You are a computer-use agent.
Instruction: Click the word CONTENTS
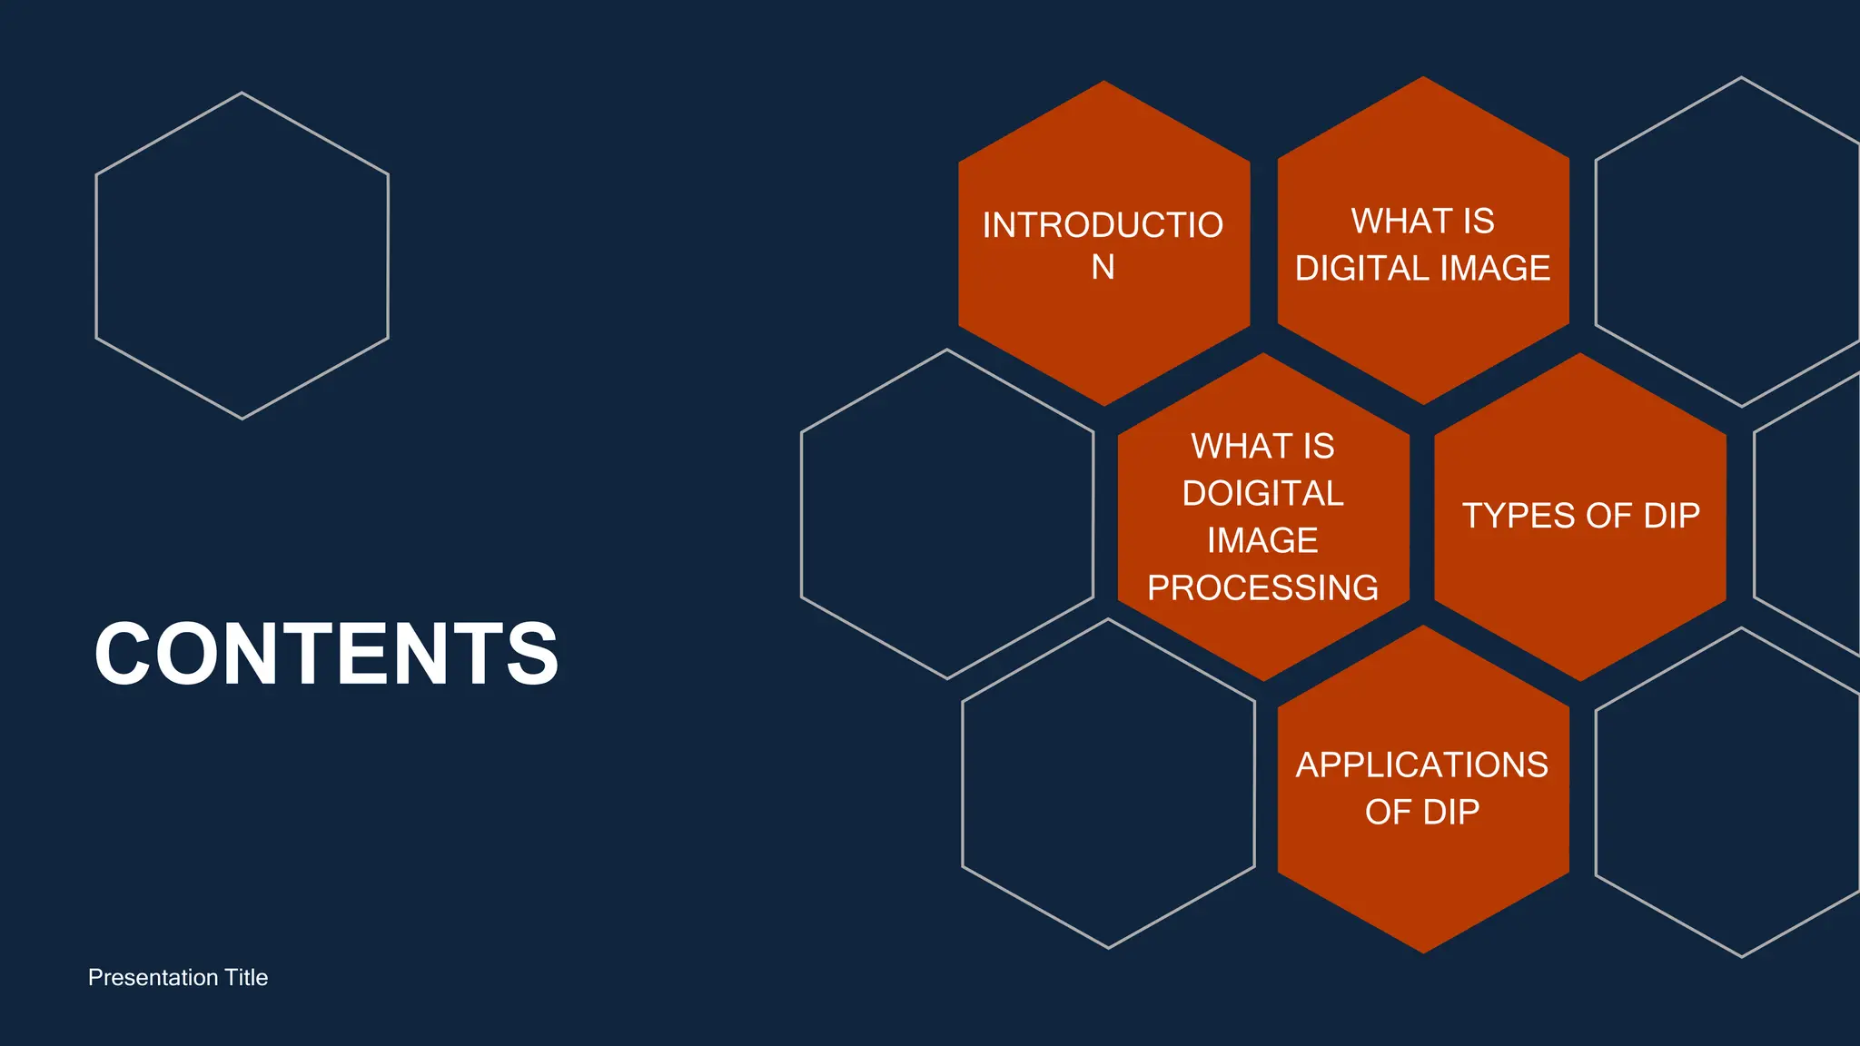[326, 654]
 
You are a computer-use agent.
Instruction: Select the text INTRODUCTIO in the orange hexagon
[1103, 225]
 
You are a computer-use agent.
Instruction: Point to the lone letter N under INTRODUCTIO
[1103, 268]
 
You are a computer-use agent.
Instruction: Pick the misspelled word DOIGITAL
[1262, 494]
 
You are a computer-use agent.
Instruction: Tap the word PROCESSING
[1262, 588]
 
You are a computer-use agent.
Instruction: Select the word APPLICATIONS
[1422, 765]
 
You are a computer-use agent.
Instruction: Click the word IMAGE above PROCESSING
[1262, 541]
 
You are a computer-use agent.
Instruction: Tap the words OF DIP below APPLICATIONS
[1422, 812]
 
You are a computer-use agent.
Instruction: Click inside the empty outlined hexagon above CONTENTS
[242, 256]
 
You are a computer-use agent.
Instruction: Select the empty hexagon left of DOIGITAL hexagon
[947, 514]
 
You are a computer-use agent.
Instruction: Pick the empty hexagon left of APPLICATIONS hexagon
[1108, 784]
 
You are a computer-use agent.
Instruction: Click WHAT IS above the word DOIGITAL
[1262, 447]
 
